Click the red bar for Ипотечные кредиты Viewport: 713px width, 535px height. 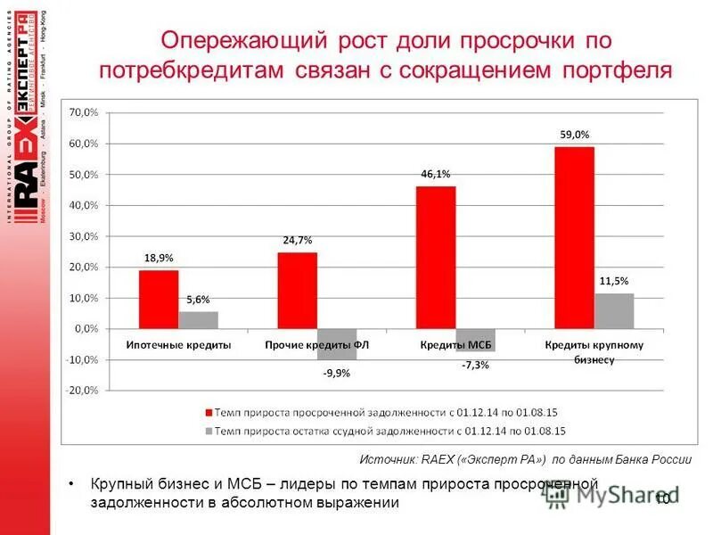pyautogui.click(x=159, y=300)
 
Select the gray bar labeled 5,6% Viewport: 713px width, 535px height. pyautogui.click(x=198, y=320)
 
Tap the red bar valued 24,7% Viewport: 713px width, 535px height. pyautogui.click(x=297, y=291)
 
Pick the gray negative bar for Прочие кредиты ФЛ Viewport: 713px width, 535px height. pyautogui.click(x=337, y=344)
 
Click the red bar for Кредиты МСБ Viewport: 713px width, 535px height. pyautogui.click(x=436, y=258)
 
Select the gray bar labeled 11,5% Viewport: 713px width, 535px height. pyautogui.click(x=614, y=311)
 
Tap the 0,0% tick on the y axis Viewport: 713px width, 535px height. pyautogui.click(x=86, y=329)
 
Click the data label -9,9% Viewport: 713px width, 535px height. pyautogui.click(x=336, y=374)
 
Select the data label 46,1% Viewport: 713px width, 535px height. pyautogui.click(x=436, y=175)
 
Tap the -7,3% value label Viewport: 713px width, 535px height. pyautogui.click(x=475, y=366)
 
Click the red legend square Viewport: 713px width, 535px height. pyautogui.click(x=209, y=413)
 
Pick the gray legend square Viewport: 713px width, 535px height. pyautogui.click(x=209, y=431)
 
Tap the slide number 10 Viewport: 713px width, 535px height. pyautogui.click(x=662, y=498)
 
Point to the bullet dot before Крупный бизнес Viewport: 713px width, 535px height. pyautogui.click(x=72, y=483)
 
